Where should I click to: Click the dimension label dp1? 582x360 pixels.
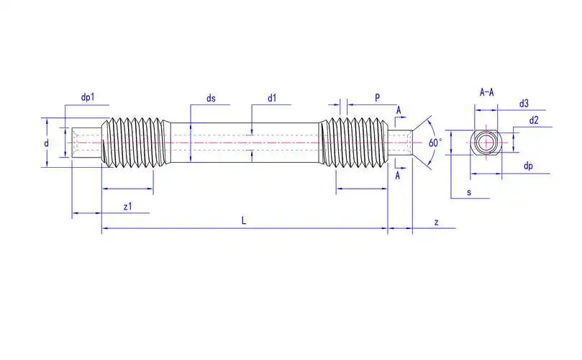tap(88, 97)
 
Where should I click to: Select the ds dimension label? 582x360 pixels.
tap(211, 98)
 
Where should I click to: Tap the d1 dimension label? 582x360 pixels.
tap(272, 98)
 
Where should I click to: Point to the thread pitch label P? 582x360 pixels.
tap(378, 98)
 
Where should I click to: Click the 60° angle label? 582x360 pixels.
tap(435, 143)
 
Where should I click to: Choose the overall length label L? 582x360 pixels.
tap(244, 221)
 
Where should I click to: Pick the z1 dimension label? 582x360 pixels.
tap(127, 207)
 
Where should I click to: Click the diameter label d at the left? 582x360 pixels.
tap(46, 143)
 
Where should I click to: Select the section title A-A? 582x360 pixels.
tap(487, 92)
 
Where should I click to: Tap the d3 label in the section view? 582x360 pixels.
tap(524, 104)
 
